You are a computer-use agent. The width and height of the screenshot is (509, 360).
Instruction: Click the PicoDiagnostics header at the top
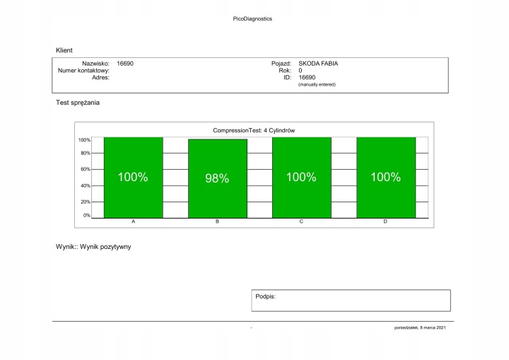(252, 19)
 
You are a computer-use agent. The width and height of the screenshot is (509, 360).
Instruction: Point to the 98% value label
(217, 179)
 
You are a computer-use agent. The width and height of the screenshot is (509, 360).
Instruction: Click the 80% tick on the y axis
(85, 153)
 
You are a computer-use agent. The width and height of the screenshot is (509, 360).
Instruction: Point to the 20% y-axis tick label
(85, 202)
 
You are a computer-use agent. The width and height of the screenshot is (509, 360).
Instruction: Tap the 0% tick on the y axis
(86, 215)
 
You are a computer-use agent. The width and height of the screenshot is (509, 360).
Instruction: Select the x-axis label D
(385, 222)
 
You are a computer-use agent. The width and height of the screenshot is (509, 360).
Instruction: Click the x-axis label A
(133, 222)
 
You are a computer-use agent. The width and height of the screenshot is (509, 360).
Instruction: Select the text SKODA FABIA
(318, 64)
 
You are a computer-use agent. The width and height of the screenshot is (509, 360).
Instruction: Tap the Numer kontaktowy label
(83, 71)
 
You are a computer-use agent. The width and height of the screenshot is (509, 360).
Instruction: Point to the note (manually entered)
(317, 85)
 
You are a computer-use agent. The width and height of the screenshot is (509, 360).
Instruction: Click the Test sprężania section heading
(78, 103)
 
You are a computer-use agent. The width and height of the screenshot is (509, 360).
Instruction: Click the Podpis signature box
(351, 301)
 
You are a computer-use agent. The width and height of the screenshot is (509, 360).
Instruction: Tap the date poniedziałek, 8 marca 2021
(420, 328)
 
